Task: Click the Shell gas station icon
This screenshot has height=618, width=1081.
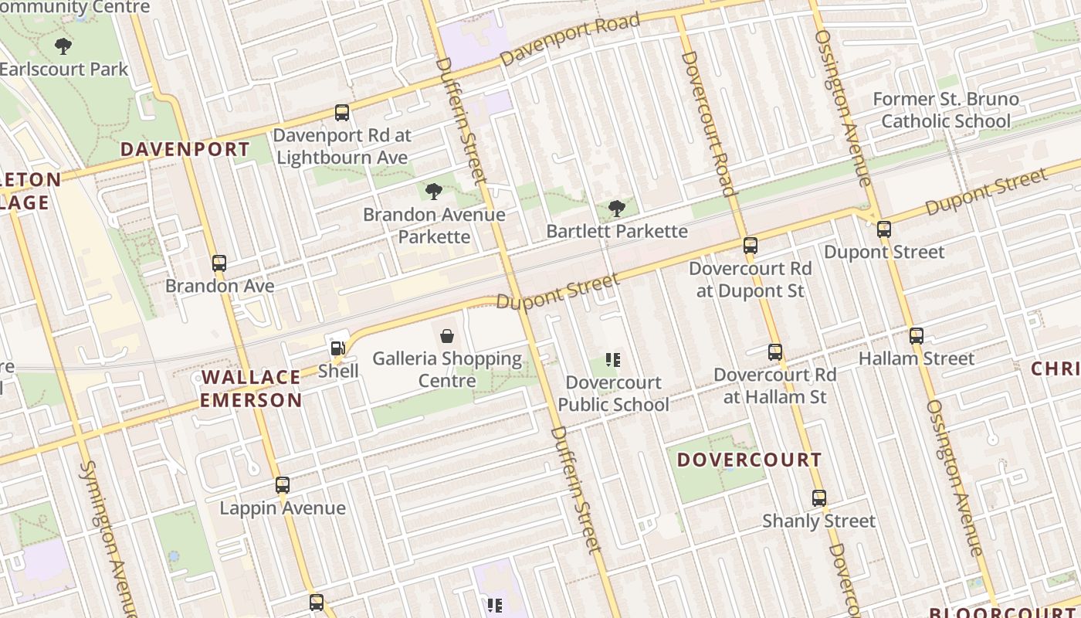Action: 337,348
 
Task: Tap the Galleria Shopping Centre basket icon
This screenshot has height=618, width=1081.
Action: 446,335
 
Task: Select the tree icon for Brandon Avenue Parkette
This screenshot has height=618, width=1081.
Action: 434,191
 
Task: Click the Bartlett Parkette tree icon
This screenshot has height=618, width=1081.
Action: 616,208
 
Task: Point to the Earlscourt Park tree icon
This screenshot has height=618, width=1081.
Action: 63,46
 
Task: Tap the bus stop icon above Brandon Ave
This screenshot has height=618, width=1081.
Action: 219,263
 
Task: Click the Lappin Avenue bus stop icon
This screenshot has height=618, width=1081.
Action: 283,485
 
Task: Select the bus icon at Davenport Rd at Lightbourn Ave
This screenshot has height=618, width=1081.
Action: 341,113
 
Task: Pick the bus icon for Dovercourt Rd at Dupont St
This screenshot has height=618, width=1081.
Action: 750,246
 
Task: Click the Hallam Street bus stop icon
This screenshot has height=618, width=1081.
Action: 917,336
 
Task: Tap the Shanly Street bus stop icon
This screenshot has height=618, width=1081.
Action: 819,498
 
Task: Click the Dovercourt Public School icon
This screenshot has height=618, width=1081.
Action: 613,359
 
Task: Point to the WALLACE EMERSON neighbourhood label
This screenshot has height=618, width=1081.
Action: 251,389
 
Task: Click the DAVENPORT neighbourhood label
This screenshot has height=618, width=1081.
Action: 185,150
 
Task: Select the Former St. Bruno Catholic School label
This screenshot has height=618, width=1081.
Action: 946,110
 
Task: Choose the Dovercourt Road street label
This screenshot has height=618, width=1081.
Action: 707,124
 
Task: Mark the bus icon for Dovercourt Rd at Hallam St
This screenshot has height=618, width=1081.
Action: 775,352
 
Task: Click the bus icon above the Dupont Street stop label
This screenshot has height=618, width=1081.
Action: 884,229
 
